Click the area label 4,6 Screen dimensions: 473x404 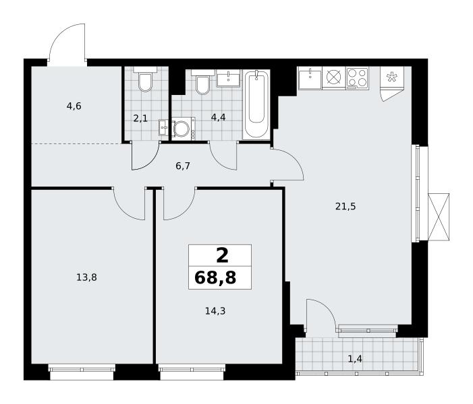(x=74, y=106)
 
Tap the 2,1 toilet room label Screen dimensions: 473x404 (x=140, y=119)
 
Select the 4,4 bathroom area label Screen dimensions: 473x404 (x=218, y=117)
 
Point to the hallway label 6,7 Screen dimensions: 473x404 (x=182, y=166)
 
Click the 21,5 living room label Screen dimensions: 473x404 (x=345, y=207)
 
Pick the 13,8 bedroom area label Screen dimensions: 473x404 (x=86, y=277)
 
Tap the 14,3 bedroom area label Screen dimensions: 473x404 (x=215, y=311)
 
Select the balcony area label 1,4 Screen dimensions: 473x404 (x=355, y=359)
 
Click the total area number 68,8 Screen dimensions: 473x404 (x=215, y=277)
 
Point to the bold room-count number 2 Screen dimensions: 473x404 (x=222, y=256)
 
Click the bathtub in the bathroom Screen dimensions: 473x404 (x=256, y=104)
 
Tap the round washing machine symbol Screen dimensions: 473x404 (x=183, y=129)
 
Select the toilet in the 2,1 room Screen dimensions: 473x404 (x=145, y=79)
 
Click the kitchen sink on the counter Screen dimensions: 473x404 (x=310, y=78)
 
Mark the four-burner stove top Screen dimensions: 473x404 (x=358, y=78)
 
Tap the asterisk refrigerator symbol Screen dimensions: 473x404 (x=392, y=77)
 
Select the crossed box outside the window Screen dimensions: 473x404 (x=439, y=217)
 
